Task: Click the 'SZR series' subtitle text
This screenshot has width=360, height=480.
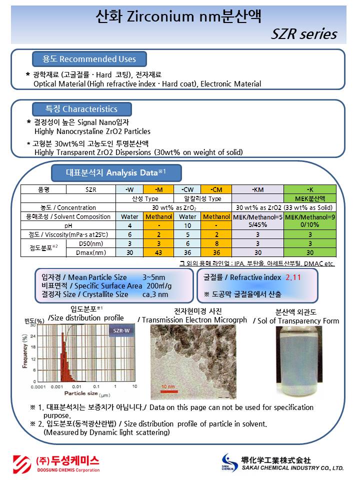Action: (x=304, y=34)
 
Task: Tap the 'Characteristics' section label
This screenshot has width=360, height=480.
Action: (x=81, y=109)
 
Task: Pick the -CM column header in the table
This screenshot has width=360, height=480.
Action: (x=215, y=189)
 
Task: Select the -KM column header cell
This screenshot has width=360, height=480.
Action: (x=257, y=189)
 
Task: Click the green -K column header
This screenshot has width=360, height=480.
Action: (x=310, y=189)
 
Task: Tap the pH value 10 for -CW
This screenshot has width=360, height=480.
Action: (x=187, y=225)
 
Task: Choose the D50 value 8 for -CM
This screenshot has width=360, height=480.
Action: (x=215, y=243)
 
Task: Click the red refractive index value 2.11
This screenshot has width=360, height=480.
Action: (x=293, y=276)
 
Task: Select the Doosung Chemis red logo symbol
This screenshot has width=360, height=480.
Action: (x=22, y=462)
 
